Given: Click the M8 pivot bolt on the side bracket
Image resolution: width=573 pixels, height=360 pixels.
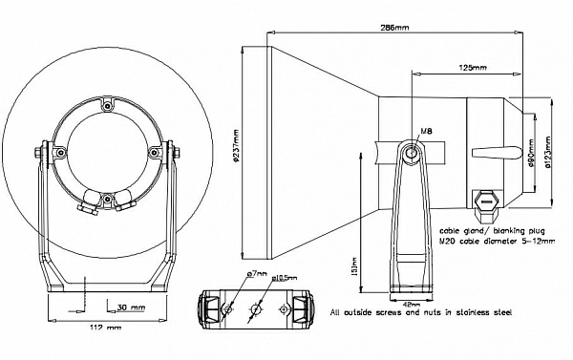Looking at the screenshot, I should (x=411, y=152).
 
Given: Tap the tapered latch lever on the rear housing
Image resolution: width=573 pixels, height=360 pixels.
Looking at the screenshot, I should (x=493, y=154).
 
